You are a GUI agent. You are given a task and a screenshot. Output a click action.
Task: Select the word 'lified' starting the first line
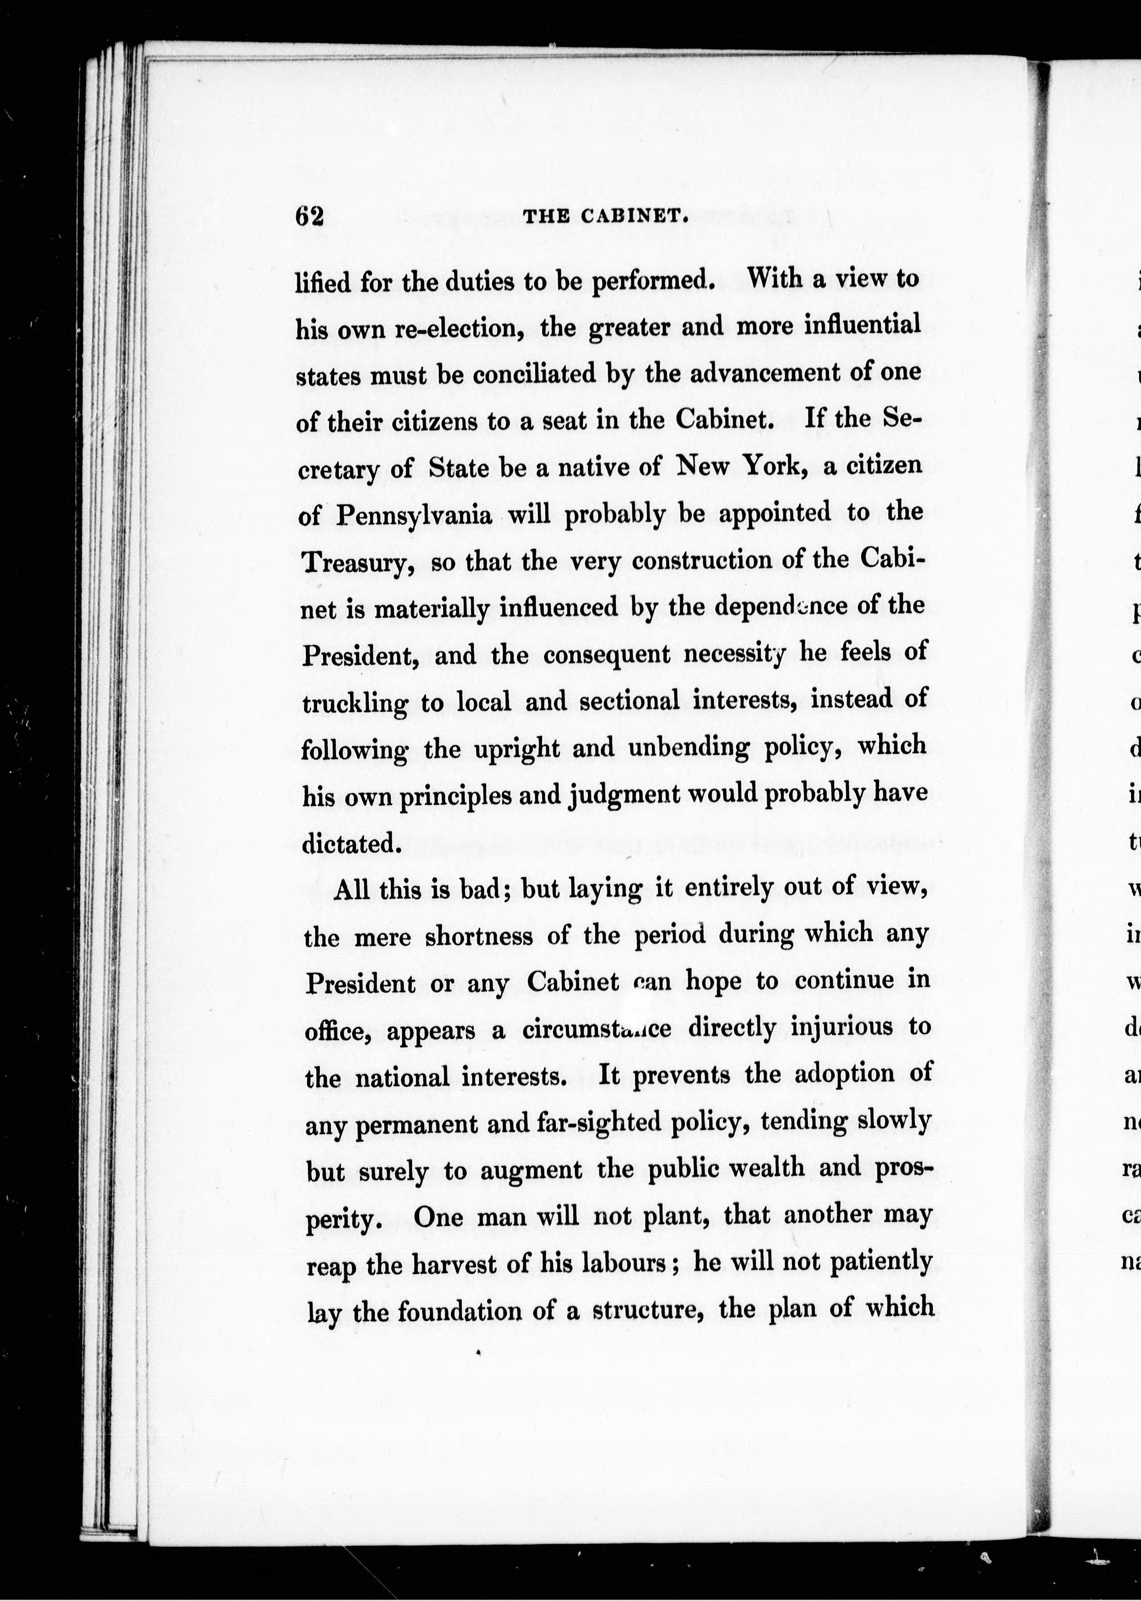[x=322, y=283]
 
